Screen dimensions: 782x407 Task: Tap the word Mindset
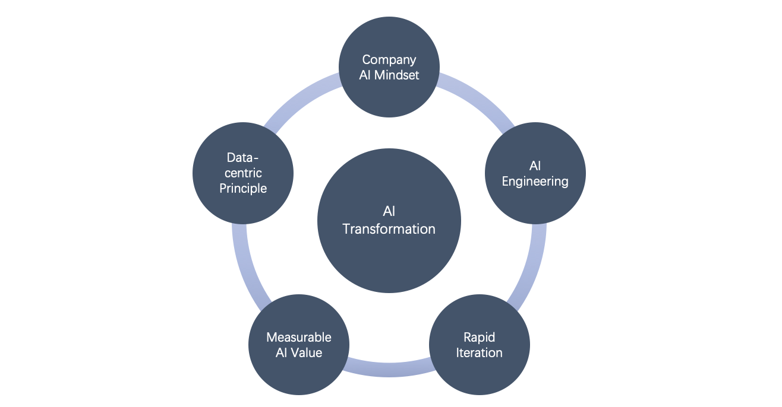click(x=396, y=75)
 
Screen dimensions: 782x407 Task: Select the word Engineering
click(x=535, y=182)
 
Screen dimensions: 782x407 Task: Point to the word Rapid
click(x=479, y=338)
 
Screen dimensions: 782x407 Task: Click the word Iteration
click(x=480, y=352)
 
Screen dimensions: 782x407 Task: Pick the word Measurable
click(x=299, y=338)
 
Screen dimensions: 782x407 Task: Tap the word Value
click(x=306, y=352)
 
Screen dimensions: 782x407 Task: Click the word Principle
click(x=243, y=189)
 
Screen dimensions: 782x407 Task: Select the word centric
click(x=243, y=173)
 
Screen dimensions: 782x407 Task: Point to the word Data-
click(x=242, y=158)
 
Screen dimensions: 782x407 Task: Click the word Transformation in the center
click(x=389, y=229)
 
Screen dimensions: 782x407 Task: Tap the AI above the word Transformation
click(x=389, y=211)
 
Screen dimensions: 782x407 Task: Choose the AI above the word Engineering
click(x=535, y=166)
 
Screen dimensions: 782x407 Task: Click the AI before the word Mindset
click(x=365, y=75)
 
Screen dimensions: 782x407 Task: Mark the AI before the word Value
click(x=282, y=352)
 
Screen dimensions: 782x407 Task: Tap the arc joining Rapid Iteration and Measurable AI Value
click(x=389, y=370)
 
